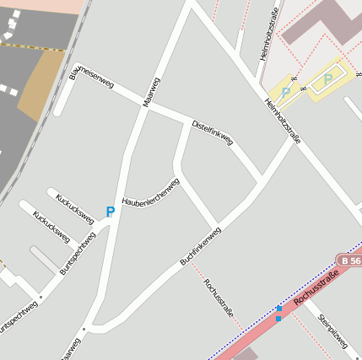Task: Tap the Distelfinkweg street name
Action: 213,132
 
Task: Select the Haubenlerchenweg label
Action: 151,192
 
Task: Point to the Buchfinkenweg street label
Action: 200,245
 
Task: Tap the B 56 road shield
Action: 348,261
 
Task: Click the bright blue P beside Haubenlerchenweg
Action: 110,212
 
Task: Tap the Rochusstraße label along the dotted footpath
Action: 218,297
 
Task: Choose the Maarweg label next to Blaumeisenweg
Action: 152,91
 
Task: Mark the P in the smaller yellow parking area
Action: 286,93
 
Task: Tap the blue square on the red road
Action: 278,309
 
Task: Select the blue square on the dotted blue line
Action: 278,319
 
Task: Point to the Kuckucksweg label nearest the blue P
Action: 74,204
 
